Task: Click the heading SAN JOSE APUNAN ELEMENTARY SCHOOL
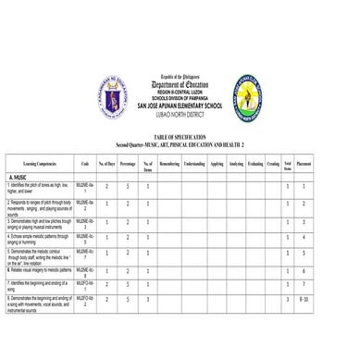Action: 180,105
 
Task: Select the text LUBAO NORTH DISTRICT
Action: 180,112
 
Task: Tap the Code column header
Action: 85,163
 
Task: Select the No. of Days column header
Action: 106,163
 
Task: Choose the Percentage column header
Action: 128,163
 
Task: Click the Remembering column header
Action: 169,163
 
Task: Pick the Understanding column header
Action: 194,163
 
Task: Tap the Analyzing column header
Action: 236,163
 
